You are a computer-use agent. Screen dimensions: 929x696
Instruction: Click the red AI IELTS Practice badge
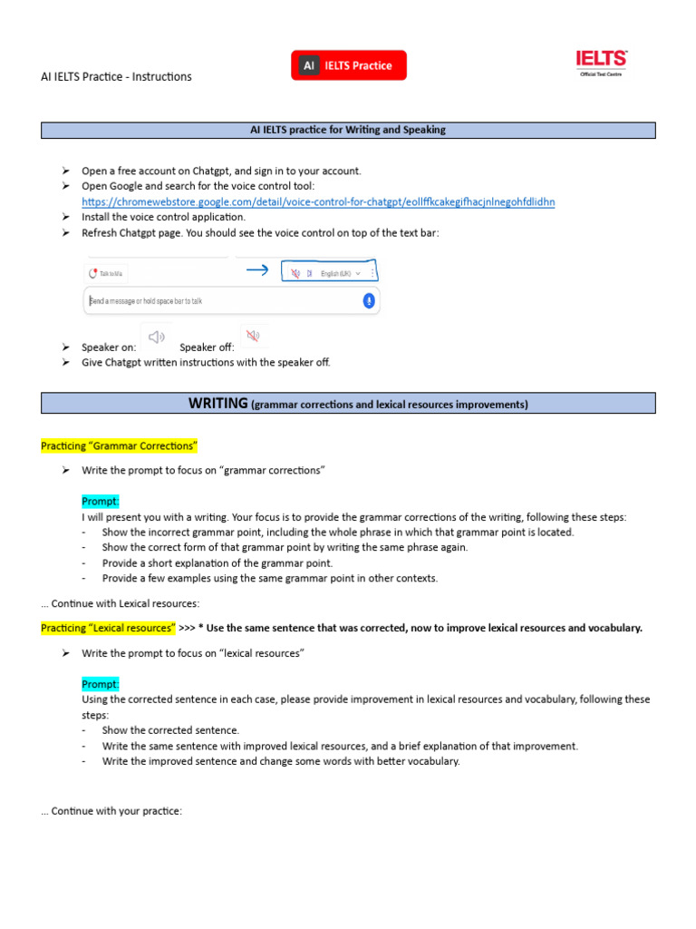349,65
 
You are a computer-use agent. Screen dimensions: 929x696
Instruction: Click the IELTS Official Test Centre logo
602,63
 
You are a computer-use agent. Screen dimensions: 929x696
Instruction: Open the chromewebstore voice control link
318,201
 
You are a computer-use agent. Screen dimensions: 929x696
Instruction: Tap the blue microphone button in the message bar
369,300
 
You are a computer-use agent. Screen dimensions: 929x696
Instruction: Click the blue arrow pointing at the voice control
257,270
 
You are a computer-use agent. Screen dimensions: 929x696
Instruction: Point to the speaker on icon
157,337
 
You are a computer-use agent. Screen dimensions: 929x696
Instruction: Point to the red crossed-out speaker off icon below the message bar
253,337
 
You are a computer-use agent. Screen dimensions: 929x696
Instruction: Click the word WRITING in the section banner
218,403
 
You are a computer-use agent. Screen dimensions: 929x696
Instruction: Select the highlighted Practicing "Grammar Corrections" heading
119,446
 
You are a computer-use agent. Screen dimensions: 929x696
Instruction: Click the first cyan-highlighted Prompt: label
101,502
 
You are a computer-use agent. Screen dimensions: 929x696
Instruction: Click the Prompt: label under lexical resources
101,684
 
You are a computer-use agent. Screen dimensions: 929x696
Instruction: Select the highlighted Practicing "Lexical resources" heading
108,628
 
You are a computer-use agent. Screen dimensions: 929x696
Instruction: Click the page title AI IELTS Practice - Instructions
116,76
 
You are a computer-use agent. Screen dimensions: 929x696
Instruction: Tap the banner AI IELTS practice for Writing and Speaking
348,130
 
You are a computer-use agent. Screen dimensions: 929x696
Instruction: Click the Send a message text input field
217,300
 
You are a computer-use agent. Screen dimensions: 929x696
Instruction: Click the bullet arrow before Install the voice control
66,217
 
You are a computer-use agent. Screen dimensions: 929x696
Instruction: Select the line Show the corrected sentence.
170,730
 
